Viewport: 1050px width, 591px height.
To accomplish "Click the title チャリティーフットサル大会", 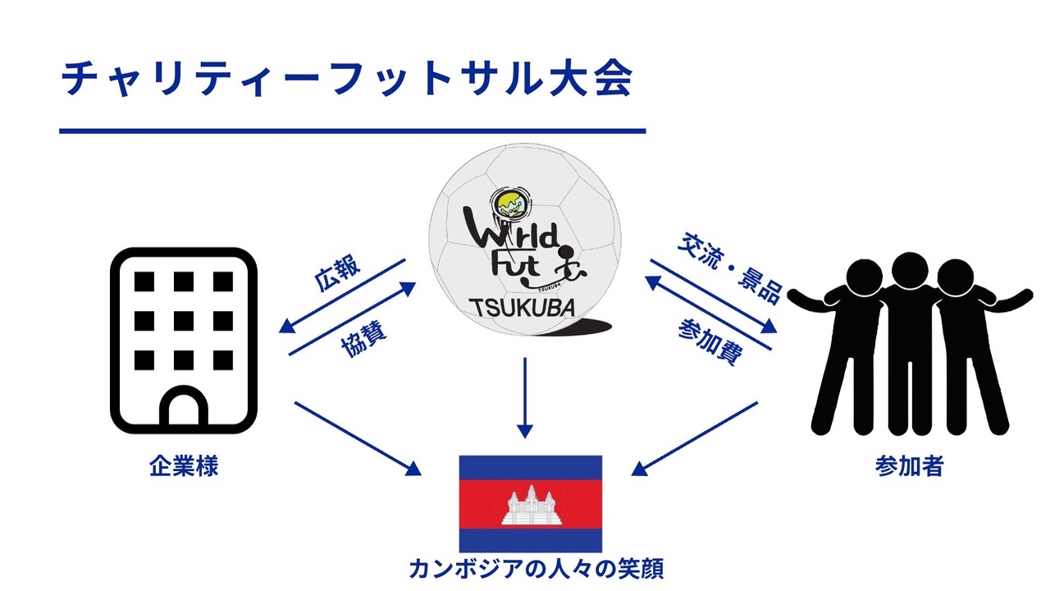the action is (347, 78).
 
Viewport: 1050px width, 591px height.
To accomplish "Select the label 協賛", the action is (364, 339).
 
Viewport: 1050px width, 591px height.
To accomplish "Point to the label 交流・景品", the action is (730, 268).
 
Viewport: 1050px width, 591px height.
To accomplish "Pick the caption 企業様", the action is (184, 467).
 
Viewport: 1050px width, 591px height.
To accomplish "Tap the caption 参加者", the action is (909, 466).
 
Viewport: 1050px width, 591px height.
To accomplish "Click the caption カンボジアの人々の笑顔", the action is (536, 569).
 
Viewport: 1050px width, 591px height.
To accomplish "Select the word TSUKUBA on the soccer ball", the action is (523, 308).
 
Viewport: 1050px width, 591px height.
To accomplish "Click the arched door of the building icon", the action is (183, 408).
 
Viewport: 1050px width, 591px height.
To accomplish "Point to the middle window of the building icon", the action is (183, 321).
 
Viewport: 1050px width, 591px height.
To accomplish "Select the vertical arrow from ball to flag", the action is (525, 398).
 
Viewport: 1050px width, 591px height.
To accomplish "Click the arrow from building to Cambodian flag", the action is (358, 438).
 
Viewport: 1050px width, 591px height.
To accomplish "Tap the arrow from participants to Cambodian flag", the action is (694, 438).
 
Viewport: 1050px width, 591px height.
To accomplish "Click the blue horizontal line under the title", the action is (353, 131).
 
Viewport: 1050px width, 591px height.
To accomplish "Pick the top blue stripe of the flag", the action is (530, 467).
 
